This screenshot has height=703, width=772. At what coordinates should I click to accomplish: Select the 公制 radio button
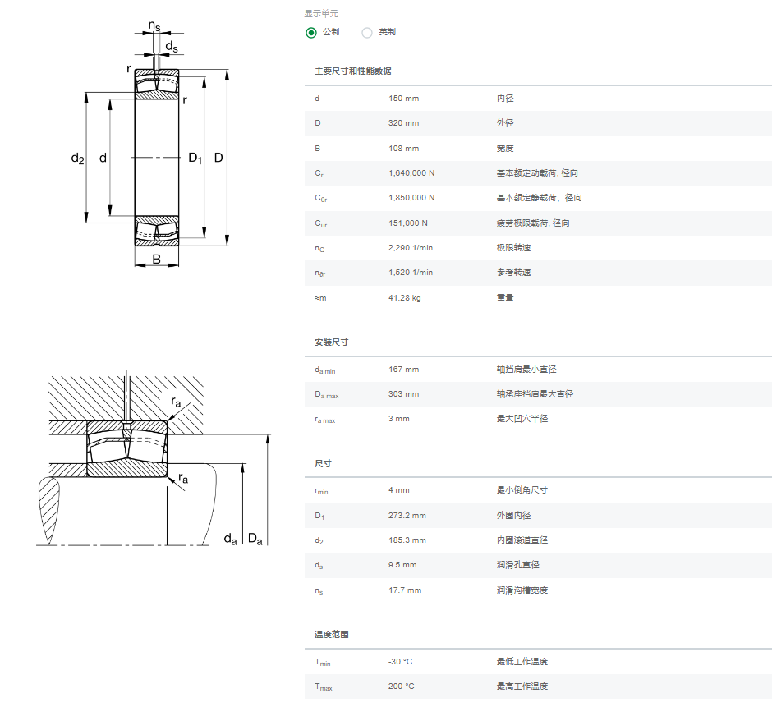coord(310,33)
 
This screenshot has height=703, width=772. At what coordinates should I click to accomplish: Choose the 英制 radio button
coord(367,33)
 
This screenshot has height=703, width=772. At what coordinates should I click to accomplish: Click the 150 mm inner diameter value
coord(403,99)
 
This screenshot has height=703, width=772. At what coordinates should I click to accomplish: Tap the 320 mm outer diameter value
coord(403,123)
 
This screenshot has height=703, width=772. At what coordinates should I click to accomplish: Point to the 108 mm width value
coord(403,149)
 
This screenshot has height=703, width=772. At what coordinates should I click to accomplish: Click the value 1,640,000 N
coord(411,173)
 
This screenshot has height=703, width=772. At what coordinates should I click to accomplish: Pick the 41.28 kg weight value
coord(404,298)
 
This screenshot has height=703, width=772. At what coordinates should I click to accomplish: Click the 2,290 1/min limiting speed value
coord(410,248)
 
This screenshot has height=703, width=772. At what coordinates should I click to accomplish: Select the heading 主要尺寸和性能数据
coord(353,71)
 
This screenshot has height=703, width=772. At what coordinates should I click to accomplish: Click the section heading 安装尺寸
coord(331,342)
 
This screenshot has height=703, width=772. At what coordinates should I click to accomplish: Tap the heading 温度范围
coord(331,635)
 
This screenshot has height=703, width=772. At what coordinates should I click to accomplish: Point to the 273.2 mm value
coord(407,516)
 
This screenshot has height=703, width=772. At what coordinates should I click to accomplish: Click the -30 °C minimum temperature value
coord(400,662)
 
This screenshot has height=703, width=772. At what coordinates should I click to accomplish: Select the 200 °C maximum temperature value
coord(401,687)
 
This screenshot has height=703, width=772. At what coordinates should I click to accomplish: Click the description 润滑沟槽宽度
coord(522,590)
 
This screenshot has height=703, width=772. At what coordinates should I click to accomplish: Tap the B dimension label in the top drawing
coord(157,259)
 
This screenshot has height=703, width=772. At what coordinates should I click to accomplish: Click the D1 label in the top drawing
coord(195,158)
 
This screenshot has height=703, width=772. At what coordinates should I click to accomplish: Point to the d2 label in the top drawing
coord(78,158)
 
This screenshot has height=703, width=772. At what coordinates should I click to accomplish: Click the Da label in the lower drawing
coord(255,539)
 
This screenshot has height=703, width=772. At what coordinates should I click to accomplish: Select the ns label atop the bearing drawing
coord(154,25)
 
